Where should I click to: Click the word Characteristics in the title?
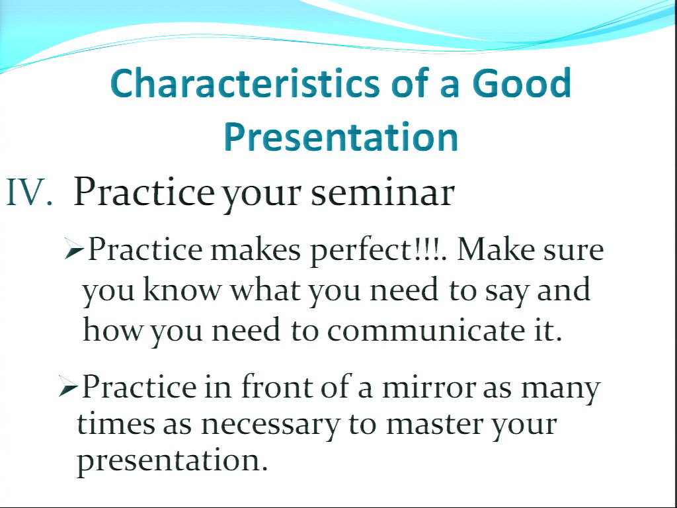tap(245, 83)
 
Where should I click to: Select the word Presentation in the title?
tap(341, 136)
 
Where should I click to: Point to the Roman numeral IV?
tap(29, 192)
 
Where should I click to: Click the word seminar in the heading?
tap(383, 192)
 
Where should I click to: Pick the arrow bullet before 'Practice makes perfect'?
tap(73, 249)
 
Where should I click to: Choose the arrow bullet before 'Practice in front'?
tap(67, 386)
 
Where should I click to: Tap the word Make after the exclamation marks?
tap(496, 249)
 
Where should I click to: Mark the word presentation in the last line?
tap(173, 461)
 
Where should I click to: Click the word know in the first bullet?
tap(181, 290)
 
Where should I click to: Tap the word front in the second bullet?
tap(276, 386)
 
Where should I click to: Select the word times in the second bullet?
tap(116, 423)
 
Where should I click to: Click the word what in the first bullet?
tap(266, 290)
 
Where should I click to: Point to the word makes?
tap(255, 249)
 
